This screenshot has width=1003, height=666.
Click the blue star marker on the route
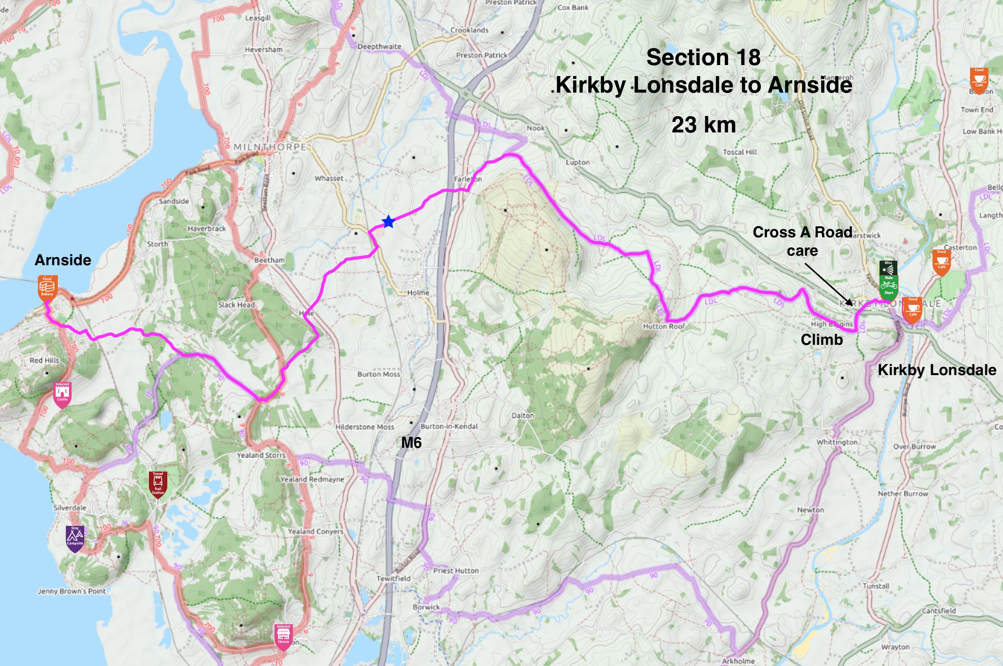[x=388, y=222]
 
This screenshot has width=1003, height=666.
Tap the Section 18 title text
[x=703, y=57]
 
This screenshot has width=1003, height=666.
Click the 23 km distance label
[x=704, y=125]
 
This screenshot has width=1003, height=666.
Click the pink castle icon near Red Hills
[x=62, y=394]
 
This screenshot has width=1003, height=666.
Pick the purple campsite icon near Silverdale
[x=75, y=538]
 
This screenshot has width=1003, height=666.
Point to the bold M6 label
[x=411, y=443]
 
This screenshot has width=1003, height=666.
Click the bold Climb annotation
[x=821, y=340]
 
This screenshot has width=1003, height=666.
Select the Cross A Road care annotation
[x=802, y=241]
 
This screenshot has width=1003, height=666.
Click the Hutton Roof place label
[x=663, y=326]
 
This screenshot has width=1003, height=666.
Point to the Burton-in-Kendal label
[x=449, y=426]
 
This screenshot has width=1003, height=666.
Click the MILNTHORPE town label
[x=270, y=147]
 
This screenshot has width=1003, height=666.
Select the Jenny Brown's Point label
[x=71, y=591]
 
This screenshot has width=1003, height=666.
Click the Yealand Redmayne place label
[x=312, y=479]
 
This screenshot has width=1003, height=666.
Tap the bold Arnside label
[x=63, y=260]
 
